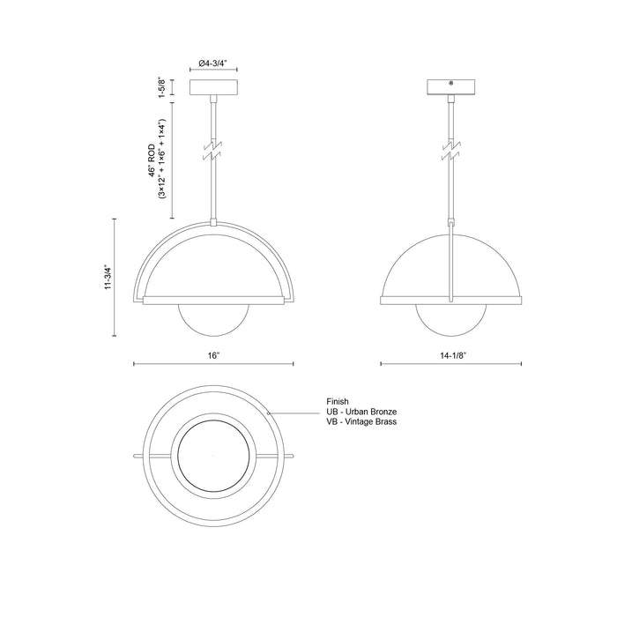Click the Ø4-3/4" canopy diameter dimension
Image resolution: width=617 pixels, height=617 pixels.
[213, 63]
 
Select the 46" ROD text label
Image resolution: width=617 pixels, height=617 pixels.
[152, 160]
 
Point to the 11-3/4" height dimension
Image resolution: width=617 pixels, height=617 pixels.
[107, 278]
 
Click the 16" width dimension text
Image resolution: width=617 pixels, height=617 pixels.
[213, 354]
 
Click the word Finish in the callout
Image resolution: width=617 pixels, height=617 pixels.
[338, 401]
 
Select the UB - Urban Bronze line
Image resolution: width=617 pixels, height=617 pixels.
[361, 412]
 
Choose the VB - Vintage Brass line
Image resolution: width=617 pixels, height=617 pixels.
[361, 423]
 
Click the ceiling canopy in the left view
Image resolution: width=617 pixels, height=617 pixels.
[213, 88]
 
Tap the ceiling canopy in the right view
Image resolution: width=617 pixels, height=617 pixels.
[450, 88]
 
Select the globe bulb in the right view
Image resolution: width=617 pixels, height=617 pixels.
[450, 319]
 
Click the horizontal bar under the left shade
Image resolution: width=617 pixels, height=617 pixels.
[213, 300]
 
